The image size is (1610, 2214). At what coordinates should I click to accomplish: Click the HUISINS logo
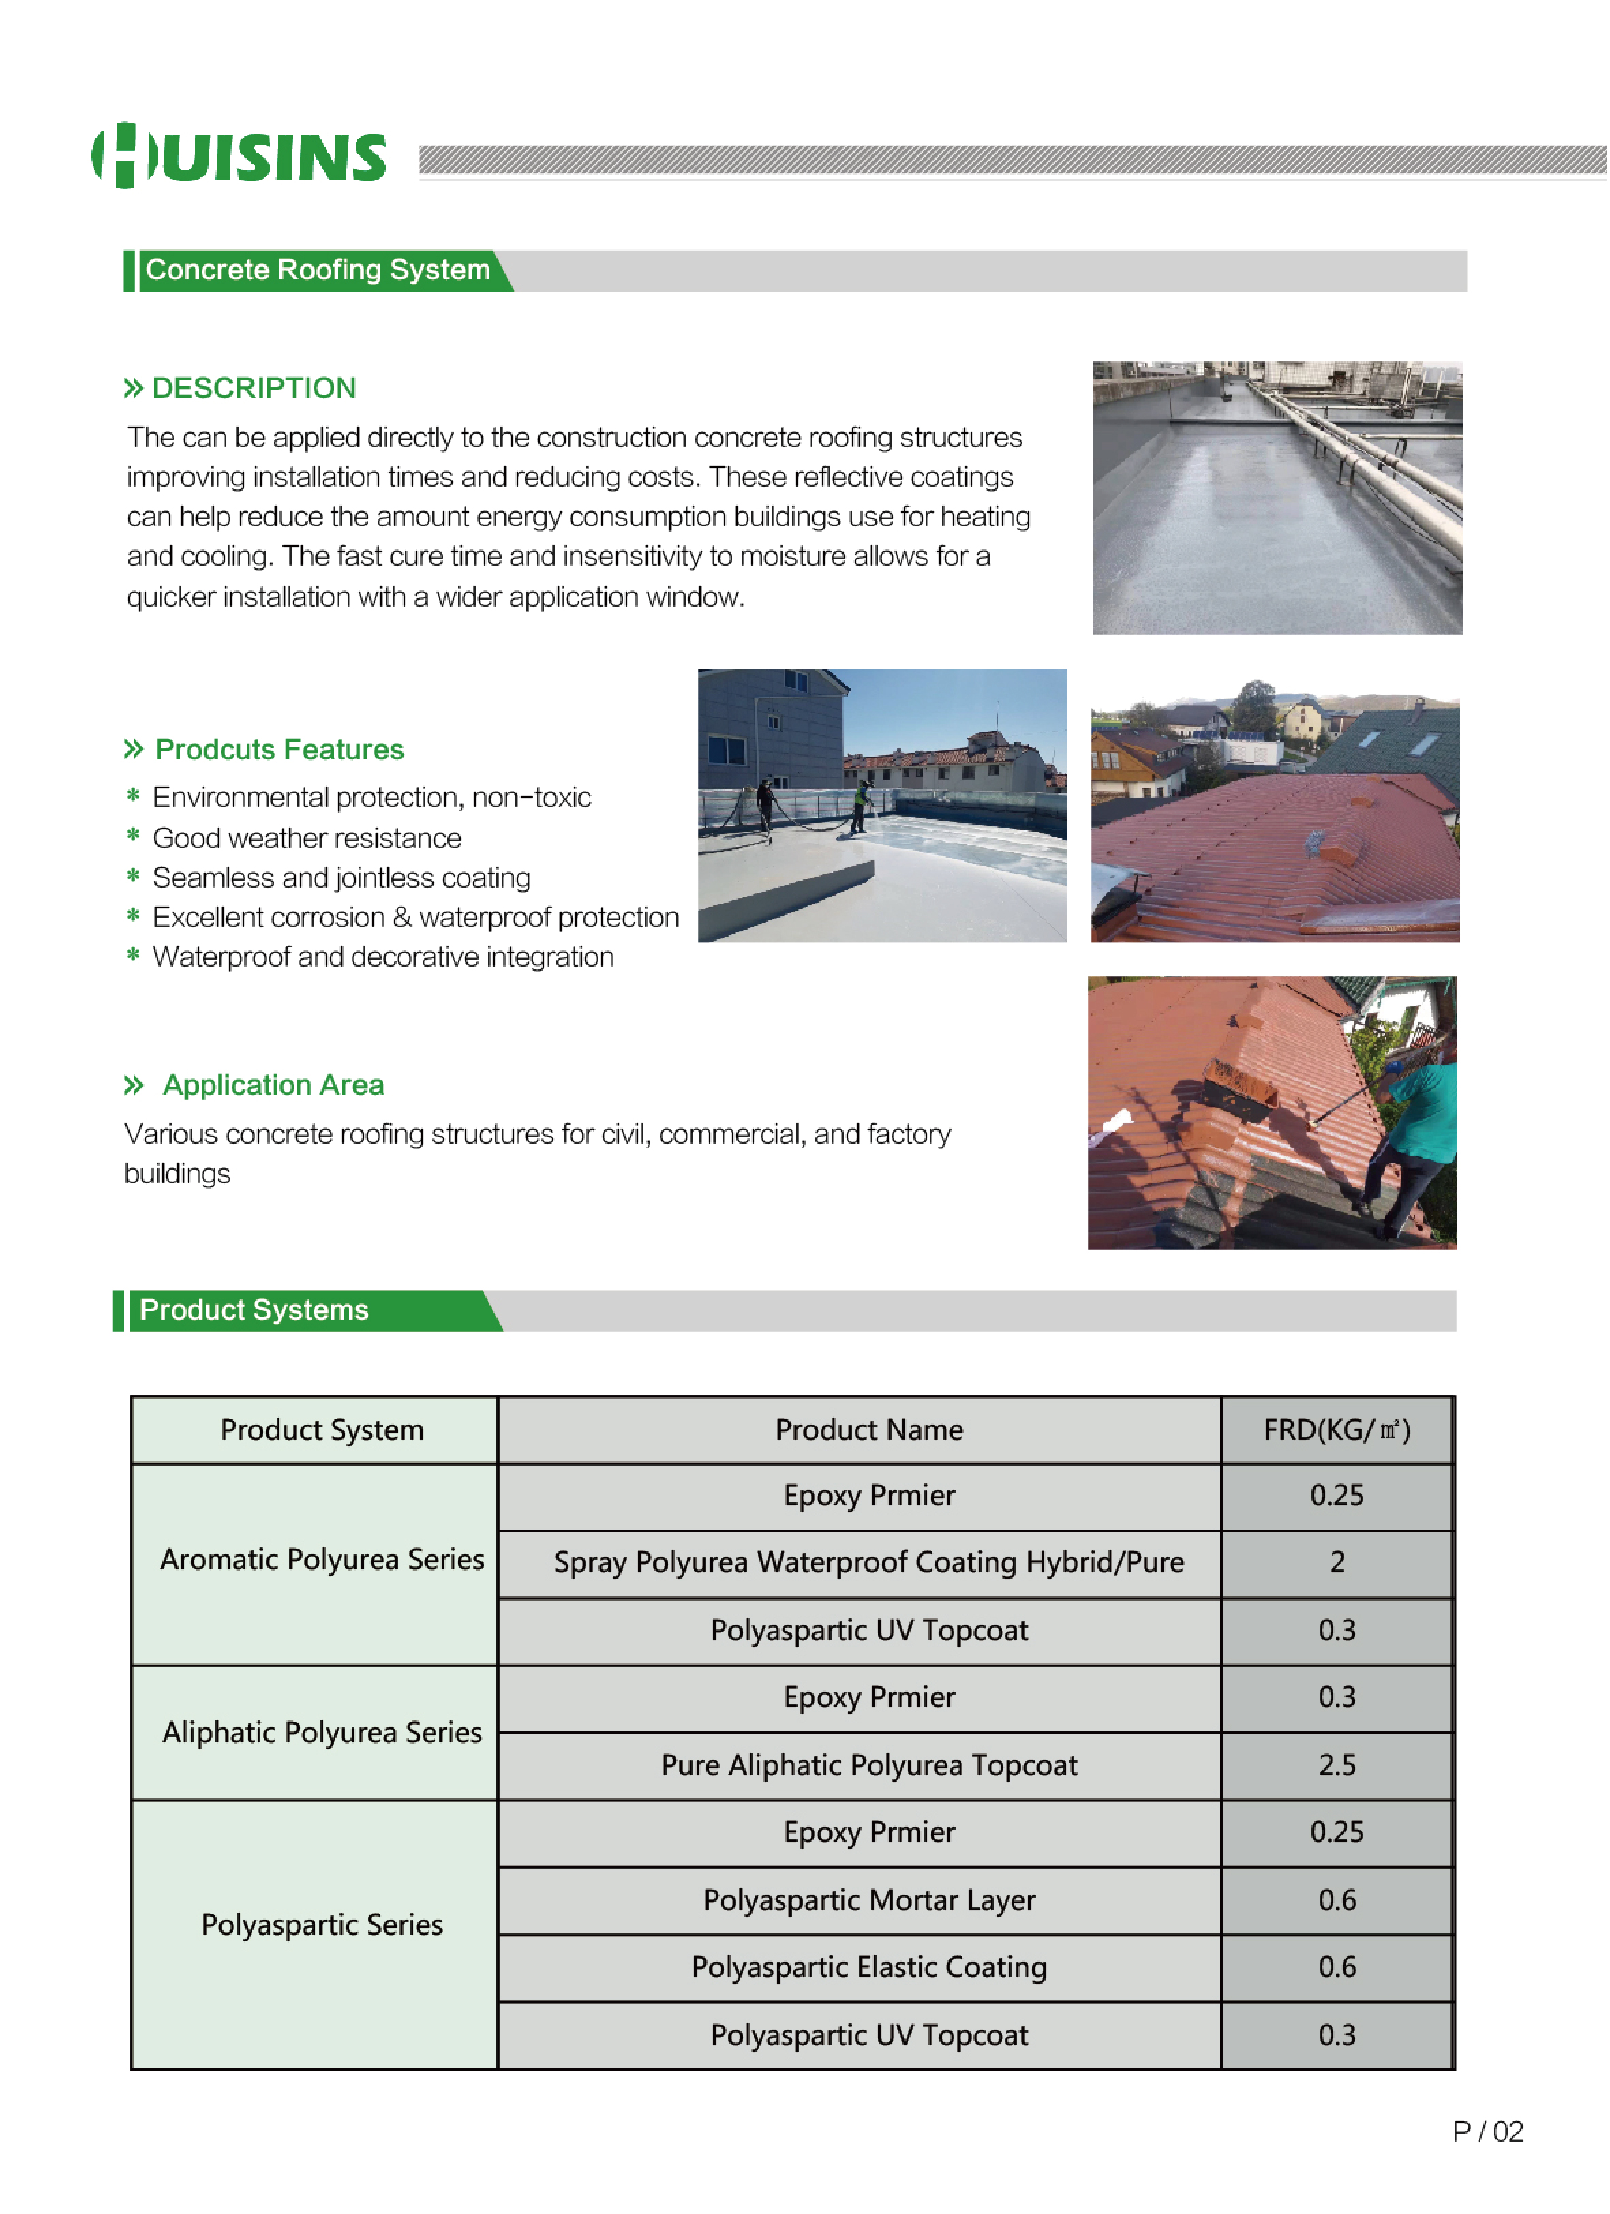(239, 156)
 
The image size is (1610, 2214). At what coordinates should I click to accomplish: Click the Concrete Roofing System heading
(318, 271)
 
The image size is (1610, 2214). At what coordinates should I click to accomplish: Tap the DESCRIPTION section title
(253, 389)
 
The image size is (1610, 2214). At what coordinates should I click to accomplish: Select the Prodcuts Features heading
(278, 750)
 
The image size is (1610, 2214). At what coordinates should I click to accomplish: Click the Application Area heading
(273, 1085)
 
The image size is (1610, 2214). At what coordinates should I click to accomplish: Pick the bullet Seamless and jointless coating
(341, 879)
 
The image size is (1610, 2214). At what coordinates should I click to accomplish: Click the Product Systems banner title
(254, 1311)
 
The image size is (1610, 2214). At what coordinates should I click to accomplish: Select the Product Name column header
(869, 1431)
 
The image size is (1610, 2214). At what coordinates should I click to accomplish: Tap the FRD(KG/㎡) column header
(1337, 1431)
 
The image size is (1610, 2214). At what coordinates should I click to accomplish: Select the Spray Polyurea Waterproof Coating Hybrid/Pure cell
(869, 1564)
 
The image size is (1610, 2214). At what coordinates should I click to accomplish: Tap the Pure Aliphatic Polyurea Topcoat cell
(869, 1767)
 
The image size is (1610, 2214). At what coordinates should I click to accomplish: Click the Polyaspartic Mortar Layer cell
(869, 1902)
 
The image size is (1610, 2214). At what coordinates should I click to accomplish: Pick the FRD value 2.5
(1337, 1767)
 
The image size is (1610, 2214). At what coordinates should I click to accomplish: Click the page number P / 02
(1488, 2133)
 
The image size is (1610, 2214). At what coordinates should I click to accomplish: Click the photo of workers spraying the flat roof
(881, 806)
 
